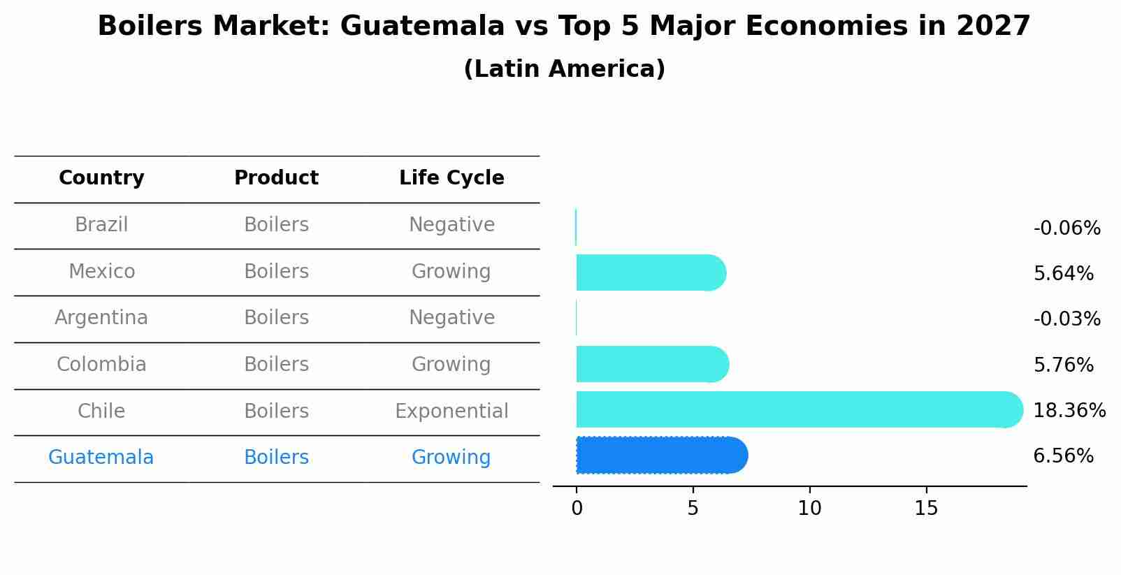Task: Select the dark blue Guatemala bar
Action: (660, 456)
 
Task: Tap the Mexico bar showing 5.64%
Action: (650, 272)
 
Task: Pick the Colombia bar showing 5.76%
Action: (651, 364)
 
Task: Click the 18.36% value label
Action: (1069, 411)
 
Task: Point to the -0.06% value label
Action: (1066, 228)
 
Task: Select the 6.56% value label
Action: (1063, 456)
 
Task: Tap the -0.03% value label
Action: (1066, 319)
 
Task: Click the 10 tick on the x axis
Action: (809, 509)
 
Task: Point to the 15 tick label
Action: (926, 509)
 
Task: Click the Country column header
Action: (101, 178)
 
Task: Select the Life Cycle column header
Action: (451, 178)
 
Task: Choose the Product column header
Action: (276, 178)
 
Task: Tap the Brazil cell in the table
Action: (101, 225)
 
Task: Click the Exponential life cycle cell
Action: (451, 412)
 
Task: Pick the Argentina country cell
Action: (101, 318)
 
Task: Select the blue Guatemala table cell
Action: (101, 458)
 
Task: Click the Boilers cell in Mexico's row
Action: (276, 272)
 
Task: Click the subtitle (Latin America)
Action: (564, 69)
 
